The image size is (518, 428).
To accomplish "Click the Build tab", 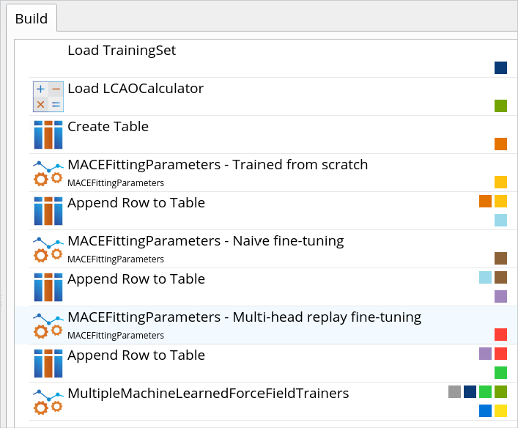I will [x=31, y=19].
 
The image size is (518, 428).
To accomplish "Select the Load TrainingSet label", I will [x=122, y=51].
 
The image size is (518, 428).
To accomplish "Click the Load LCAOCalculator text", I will [x=136, y=89].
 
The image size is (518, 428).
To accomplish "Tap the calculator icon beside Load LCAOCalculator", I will [x=48, y=97].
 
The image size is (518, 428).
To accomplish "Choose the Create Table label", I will [x=108, y=127].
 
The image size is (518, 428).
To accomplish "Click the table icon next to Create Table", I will [x=48, y=135].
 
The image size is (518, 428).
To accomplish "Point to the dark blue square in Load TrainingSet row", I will [x=501, y=68].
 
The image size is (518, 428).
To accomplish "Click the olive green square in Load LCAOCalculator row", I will [x=501, y=106].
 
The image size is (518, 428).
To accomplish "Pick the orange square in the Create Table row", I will [x=501, y=144].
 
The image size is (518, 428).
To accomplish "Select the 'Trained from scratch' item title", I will [x=218, y=165].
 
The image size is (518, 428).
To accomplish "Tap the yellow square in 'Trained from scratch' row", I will [x=501, y=182].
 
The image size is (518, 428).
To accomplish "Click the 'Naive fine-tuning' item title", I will [x=205, y=241].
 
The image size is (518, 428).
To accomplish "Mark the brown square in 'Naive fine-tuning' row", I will [x=501, y=259].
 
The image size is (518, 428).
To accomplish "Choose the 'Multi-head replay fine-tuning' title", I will [x=244, y=317].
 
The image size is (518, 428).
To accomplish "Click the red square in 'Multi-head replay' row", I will [x=501, y=335].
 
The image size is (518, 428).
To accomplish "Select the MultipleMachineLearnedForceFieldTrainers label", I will [x=208, y=394].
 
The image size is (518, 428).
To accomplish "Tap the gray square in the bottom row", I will [x=455, y=392].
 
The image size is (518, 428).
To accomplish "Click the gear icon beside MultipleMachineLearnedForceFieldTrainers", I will [x=48, y=402].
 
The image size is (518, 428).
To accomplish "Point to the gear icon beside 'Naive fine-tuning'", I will [x=48, y=249].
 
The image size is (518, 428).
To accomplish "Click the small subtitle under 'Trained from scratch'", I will [x=116, y=182].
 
